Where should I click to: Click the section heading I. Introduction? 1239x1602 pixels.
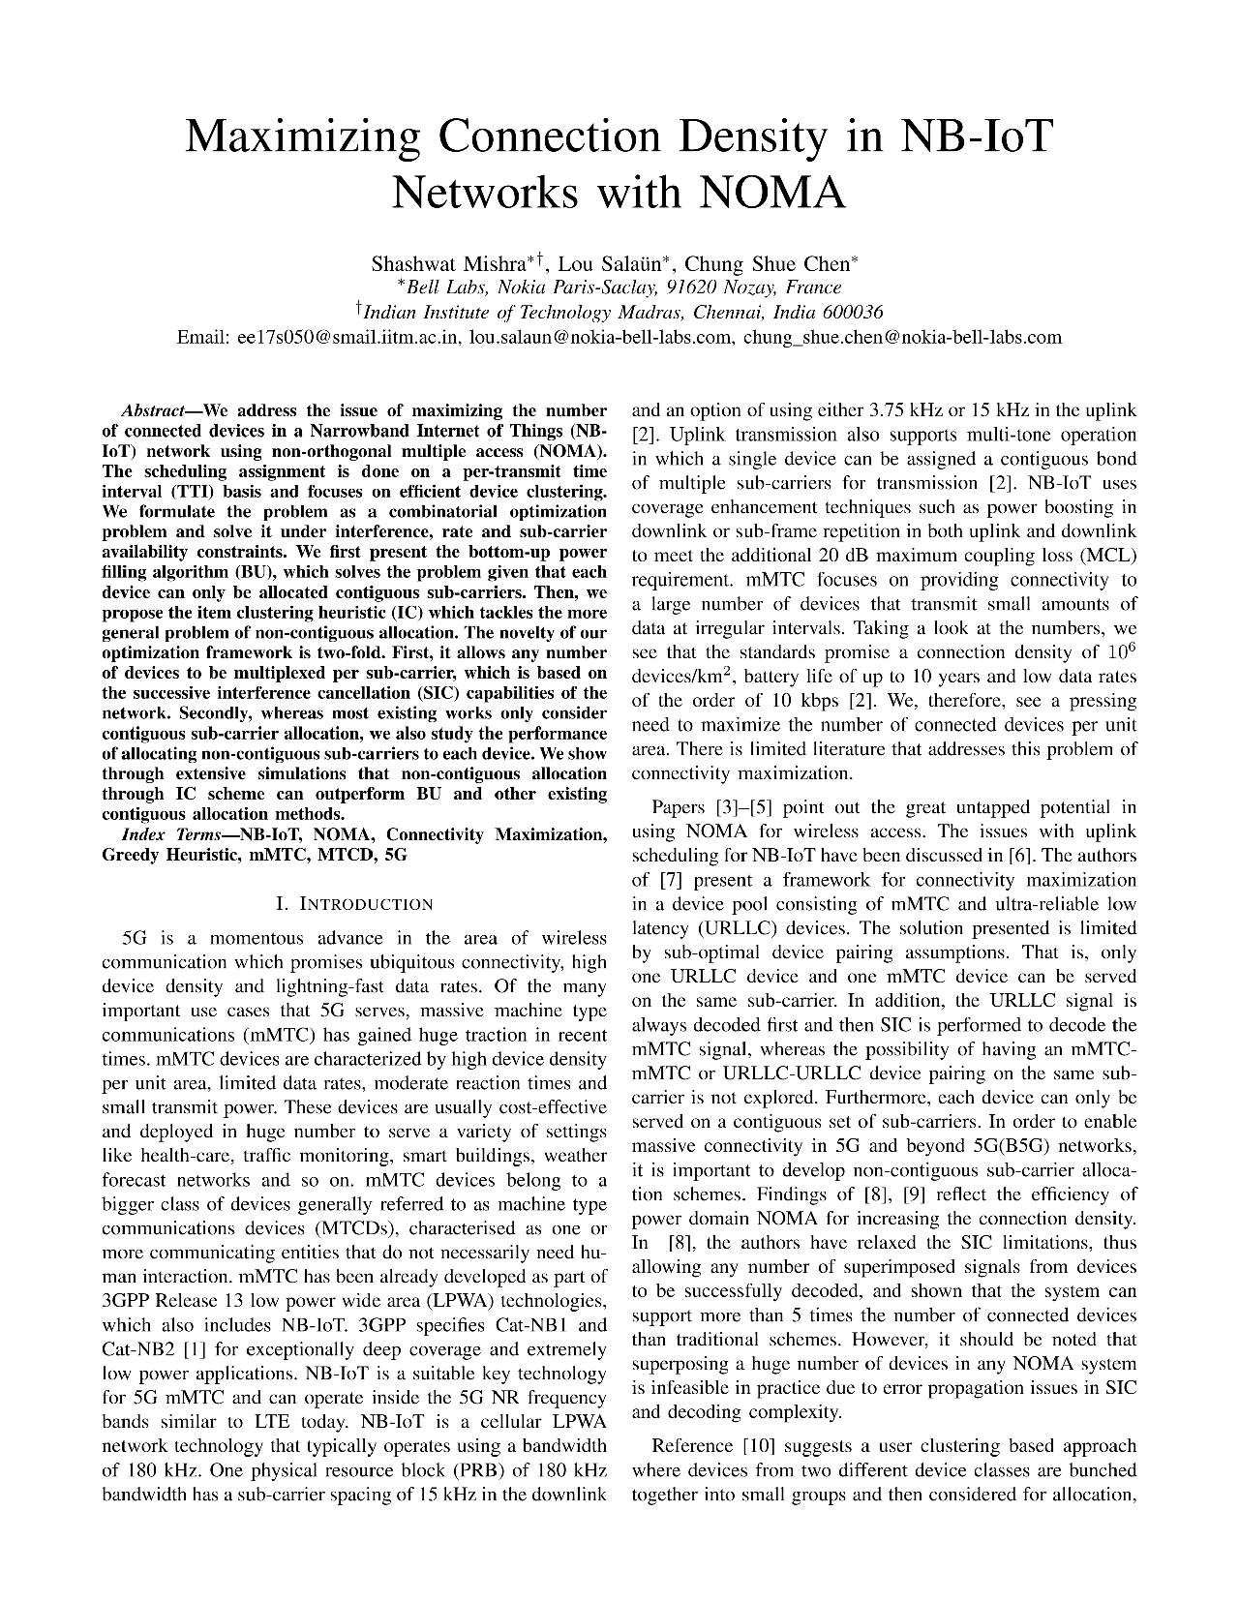[x=354, y=904]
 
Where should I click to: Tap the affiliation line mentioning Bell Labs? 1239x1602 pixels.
[x=619, y=287]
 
